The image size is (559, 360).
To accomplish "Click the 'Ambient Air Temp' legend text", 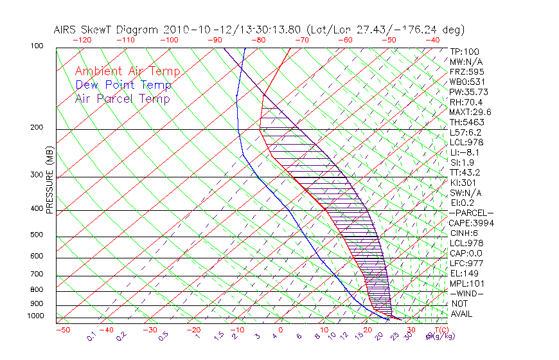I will click(x=127, y=72).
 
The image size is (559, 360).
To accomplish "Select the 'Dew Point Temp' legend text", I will click(x=123, y=85).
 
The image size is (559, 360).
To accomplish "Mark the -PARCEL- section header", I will click(x=471, y=213).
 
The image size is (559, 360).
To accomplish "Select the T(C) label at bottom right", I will click(x=438, y=330).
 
